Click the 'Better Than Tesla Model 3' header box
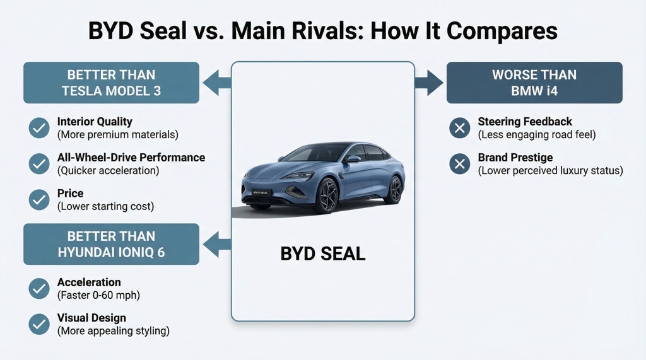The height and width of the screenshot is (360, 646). (x=111, y=83)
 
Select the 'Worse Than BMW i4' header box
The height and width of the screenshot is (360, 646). (x=534, y=83)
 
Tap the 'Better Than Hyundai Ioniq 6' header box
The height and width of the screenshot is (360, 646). (x=111, y=244)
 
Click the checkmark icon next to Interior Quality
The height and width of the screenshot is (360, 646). (x=39, y=128)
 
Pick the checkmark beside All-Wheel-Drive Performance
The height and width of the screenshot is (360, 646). (x=39, y=163)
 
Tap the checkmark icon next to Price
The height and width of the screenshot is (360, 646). (x=39, y=199)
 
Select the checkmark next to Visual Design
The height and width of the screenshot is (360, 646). (x=39, y=324)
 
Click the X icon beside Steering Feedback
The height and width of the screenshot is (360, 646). (x=459, y=128)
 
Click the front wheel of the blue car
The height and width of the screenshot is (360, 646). (x=327, y=194)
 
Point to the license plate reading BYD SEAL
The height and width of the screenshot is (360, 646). (x=262, y=192)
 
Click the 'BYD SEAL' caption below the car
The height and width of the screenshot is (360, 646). (x=322, y=254)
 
